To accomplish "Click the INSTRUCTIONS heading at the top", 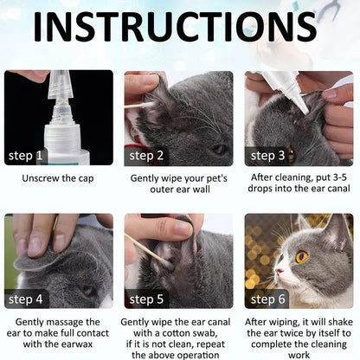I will point(179,26).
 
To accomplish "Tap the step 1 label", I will point(27,156).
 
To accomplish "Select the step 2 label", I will point(147,156).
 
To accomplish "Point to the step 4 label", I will point(27,299).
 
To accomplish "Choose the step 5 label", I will point(147,299).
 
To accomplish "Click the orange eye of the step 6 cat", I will point(302,256).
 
